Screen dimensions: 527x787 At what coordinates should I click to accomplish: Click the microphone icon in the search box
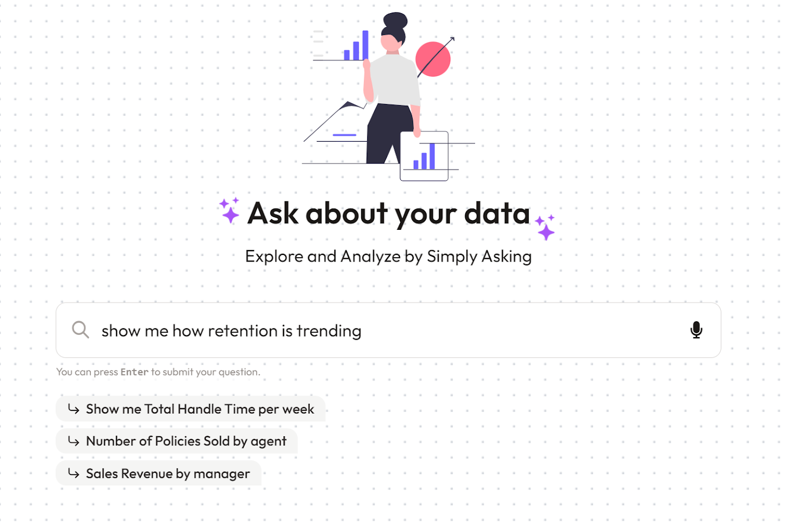(696, 330)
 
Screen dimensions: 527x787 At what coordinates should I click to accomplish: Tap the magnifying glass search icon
(80, 329)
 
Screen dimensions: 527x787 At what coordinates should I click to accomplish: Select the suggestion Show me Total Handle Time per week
(199, 409)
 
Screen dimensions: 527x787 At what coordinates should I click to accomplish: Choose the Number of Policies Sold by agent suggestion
(186, 441)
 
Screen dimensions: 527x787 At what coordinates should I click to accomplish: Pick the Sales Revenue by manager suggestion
(167, 473)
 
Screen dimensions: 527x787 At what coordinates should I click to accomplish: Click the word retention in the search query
(242, 331)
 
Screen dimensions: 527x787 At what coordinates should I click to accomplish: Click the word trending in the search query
(329, 332)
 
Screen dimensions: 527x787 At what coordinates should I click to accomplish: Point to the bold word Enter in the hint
(135, 372)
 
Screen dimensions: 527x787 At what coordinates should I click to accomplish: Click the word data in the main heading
(497, 213)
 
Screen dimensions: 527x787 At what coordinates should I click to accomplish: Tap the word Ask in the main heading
(273, 213)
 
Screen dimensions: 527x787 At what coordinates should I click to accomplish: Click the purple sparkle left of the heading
(230, 211)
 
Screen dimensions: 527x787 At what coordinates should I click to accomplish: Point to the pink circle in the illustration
(433, 59)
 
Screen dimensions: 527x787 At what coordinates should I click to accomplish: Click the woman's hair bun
(395, 20)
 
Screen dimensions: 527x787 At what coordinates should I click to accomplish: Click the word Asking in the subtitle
(506, 257)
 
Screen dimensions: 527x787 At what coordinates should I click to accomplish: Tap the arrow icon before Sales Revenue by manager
(74, 473)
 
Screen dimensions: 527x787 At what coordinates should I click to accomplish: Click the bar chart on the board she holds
(424, 157)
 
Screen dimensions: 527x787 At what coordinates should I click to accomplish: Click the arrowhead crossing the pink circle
(452, 39)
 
